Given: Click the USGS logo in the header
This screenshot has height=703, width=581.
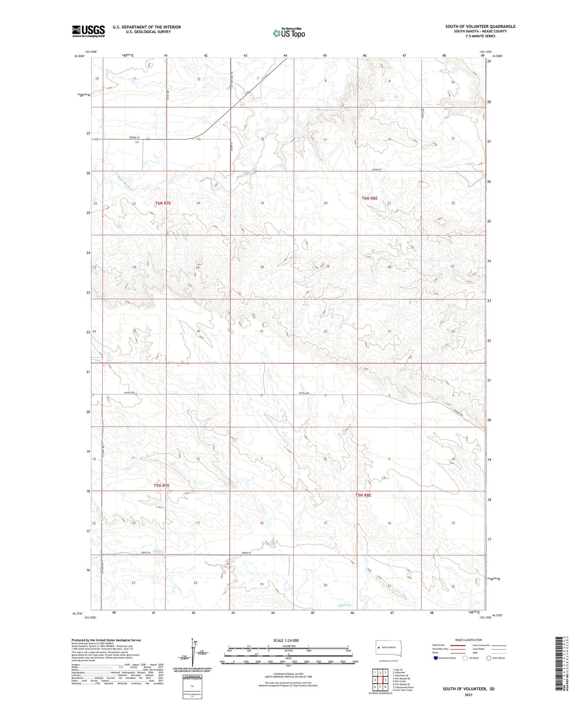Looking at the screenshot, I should [x=88, y=31].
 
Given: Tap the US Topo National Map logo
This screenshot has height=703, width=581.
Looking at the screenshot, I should [x=289, y=33].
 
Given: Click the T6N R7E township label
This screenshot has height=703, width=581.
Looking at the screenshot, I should [x=163, y=203].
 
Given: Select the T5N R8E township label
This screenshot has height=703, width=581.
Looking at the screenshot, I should [x=363, y=495].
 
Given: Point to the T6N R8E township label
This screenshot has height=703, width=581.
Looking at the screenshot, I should [x=370, y=198].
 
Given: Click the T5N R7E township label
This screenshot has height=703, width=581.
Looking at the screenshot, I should [x=162, y=485].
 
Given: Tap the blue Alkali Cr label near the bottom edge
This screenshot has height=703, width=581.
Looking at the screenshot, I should [x=344, y=605].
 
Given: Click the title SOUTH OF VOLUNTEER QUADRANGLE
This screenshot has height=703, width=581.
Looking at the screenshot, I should [x=480, y=26].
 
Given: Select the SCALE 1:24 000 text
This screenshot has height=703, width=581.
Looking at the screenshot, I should [x=286, y=640].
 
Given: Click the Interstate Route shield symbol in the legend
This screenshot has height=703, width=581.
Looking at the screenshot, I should [x=436, y=658].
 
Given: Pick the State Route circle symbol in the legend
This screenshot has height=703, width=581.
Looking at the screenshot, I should [x=489, y=658].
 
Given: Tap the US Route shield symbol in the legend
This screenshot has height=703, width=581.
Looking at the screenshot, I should [x=465, y=658].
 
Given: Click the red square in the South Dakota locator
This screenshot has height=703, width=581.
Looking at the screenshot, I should [x=378, y=647].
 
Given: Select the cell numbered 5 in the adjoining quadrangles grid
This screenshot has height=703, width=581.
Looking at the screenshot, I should [x=385, y=680].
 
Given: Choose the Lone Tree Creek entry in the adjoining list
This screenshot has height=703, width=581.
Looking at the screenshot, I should [x=403, y=690].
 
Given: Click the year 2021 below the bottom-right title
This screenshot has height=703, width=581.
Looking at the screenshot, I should [x=469, y=694].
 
